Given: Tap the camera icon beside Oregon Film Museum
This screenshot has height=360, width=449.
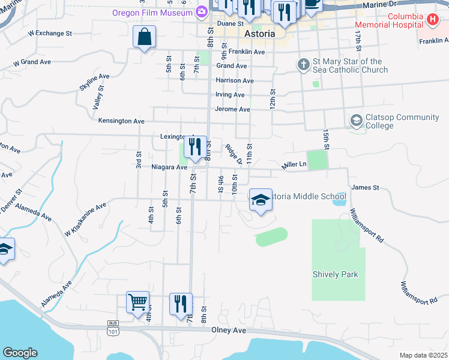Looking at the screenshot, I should pyautogui.click(x=202, y=12).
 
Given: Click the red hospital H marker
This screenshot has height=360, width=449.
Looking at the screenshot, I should pyautogui.click(x=432, y=20).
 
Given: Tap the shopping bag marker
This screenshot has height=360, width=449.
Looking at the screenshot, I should pyautogui.click(x=145, y=37).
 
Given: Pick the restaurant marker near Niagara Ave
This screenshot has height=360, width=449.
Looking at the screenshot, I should pyautogui.click(x=195, y=148).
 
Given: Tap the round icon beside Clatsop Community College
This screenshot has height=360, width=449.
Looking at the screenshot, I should pyautogui.click(x=357, y=121).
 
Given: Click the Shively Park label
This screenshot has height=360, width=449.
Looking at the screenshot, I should pyautogui.click(x=335, y=274).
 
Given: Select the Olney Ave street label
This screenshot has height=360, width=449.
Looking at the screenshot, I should pyautogui.click(x=229, y=330).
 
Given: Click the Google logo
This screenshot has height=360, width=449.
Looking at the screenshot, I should pyautogui.click(x=20, y=353).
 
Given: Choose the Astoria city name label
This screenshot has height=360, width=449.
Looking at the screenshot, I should pyautogui.click(x=260, y=34).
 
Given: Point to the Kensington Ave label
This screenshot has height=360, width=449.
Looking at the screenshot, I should pyautogui.click(x=121, y=121).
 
